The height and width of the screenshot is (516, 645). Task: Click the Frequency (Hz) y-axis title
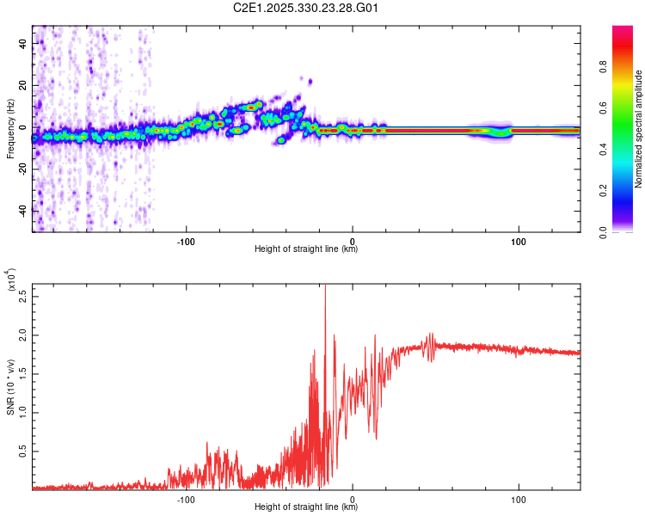coord(10,129)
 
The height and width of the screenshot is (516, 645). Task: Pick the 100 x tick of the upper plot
coord(519,240)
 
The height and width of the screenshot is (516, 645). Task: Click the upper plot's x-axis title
coord(306,249)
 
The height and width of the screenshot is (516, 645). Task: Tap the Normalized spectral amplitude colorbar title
coord(639,129)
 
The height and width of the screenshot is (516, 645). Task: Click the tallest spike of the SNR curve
coord(325,287)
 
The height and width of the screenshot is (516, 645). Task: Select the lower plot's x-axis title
coord(306,507)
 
